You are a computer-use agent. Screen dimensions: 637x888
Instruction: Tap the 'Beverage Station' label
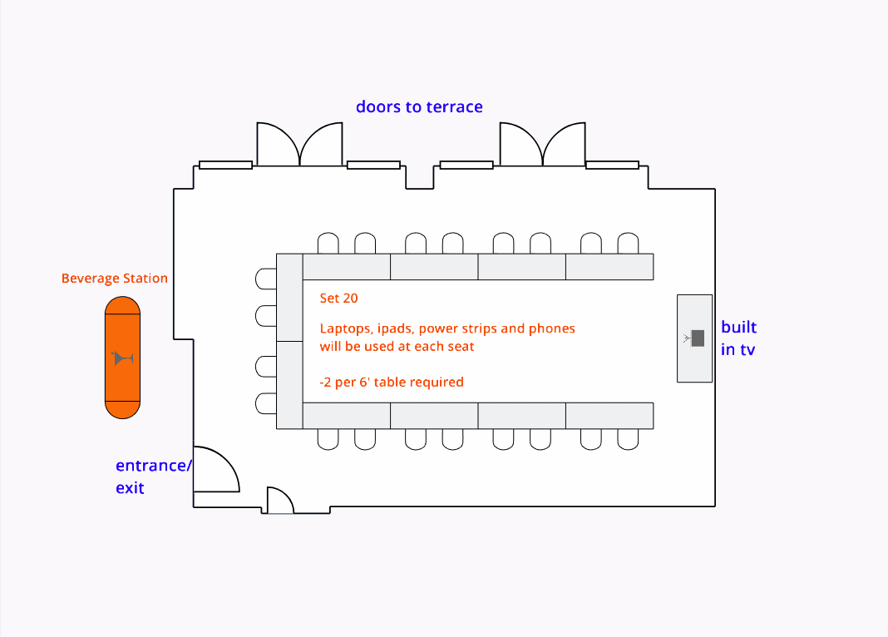pos(115,279)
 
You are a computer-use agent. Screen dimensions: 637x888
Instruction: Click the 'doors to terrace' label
pos(419,106)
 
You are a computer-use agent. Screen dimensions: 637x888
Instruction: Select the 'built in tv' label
pos(738,338)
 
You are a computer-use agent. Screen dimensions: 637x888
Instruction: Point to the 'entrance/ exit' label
pos(153,477)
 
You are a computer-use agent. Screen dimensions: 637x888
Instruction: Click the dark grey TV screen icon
pos(698,338)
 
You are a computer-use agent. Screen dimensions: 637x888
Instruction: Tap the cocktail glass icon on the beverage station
pos(123,358)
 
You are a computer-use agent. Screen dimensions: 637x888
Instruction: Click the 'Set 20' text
pos(338,298)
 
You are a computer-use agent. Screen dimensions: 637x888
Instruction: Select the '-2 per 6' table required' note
pos(392,383)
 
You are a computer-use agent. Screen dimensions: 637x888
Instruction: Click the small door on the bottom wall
pos(279,501)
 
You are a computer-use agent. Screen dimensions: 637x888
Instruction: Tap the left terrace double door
pos(299,145)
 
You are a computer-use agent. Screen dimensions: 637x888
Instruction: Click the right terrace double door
pos(542,145)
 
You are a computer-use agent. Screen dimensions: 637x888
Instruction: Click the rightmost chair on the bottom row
pos(628,438)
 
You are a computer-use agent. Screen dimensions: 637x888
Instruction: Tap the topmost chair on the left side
pos(266,278)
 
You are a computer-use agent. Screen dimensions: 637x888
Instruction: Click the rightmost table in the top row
pos(609,267)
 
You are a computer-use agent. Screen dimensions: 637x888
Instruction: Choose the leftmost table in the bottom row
pos(347,415)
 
